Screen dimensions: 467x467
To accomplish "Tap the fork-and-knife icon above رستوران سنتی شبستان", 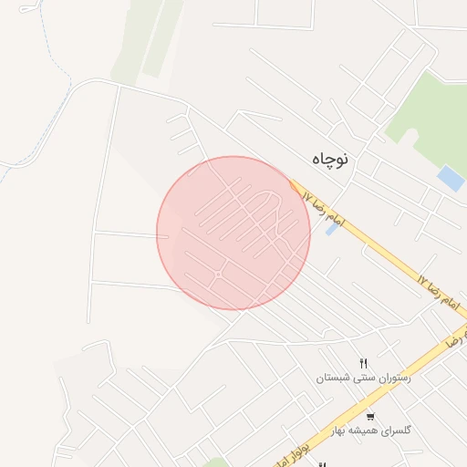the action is click(x=364, y=363).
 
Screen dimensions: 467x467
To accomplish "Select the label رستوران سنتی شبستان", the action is click(x=363, y=378).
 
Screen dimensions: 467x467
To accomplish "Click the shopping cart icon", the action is click(x=369, y=415).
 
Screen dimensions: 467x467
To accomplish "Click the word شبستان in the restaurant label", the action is click(x=333, y=378).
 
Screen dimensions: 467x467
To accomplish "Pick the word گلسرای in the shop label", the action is click(x=396, y=430).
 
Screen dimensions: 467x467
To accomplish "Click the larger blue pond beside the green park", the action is click(x=451, y=177).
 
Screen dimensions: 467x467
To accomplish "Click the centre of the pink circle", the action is click(x=233, y=233).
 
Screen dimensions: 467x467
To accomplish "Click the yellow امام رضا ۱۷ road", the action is click(x=383, y=254).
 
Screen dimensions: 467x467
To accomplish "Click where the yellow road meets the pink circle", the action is click(x=295, y=185).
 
